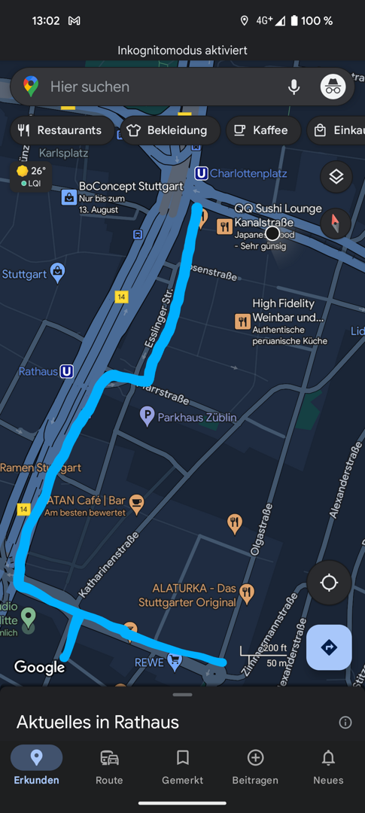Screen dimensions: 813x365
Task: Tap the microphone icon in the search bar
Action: [294, 87]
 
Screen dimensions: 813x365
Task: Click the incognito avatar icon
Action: [333, 87]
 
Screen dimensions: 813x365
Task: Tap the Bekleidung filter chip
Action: [167, 130]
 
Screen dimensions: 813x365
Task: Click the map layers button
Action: [336, 177]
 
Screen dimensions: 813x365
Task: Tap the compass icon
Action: [336, 223]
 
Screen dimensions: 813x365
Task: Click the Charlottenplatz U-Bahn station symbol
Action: [201, 174]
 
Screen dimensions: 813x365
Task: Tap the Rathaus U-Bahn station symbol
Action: [67, 371]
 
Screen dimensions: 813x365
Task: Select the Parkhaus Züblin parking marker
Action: [148, 416]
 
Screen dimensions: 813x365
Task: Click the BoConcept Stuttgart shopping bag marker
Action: [68, 197]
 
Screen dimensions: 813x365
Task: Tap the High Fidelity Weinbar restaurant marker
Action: [242, 322]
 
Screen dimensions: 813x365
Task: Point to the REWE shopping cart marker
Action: [175, 662]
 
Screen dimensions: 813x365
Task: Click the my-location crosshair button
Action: [329, 583]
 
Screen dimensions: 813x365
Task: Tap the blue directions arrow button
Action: [329, 647]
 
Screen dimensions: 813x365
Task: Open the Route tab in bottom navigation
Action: [109, 766]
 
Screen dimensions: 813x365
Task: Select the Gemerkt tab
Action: [182, 766]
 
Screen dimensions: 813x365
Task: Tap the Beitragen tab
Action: [256, 766]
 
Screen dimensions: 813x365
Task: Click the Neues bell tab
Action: [328, 766]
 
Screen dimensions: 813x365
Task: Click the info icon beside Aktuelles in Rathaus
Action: [345, 723]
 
